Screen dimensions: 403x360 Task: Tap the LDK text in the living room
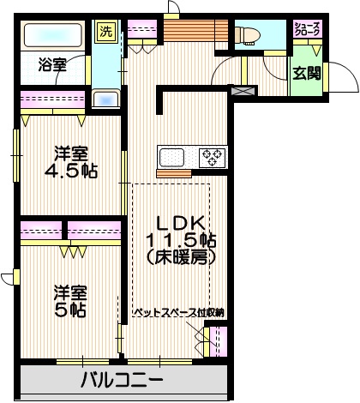coord(179,218)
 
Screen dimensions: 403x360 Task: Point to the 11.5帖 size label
coord(180,238)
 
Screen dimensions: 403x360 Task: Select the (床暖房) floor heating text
coord(179,256)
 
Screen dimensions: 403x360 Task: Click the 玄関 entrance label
coord(307,73)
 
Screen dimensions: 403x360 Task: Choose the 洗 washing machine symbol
coord(105,31)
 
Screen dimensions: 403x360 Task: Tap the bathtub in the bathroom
coord(51,37)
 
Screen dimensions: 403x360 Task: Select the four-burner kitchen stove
coord(213,157)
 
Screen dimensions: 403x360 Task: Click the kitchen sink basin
coord(171,157)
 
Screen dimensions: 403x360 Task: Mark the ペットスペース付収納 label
coord(178,312)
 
